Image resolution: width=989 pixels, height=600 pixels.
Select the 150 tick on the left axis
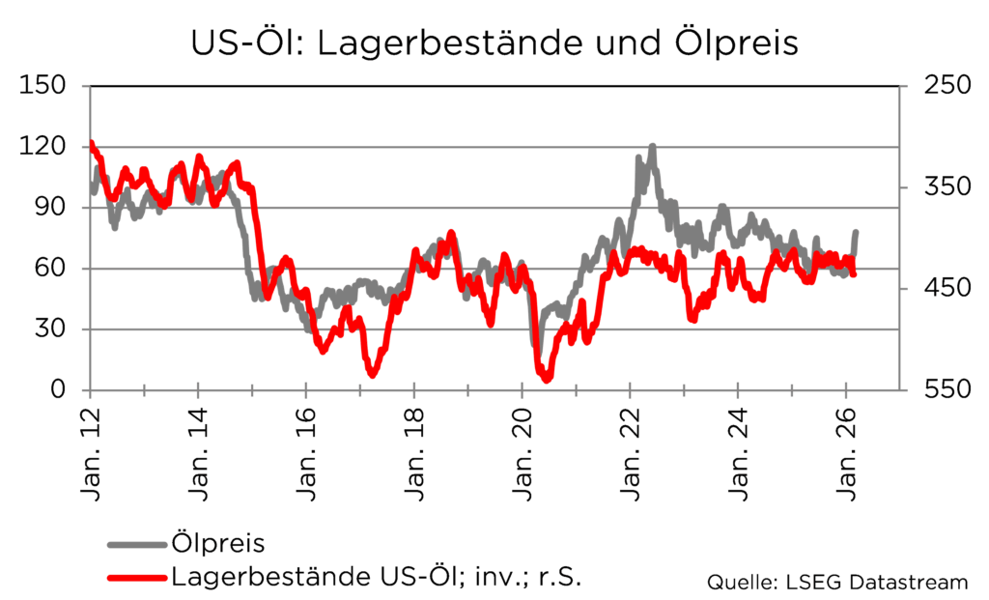coord(43,86)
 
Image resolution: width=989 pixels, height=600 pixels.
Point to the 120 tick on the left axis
coord(43,147)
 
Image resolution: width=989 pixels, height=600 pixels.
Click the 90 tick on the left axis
coord(50,208)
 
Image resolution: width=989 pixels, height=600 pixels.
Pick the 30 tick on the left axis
coord(50,329)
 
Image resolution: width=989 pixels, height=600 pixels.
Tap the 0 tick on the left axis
coord(58,390)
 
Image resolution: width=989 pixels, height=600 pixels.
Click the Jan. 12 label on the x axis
coord(90,454)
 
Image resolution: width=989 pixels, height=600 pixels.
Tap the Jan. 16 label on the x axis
coord(306,454)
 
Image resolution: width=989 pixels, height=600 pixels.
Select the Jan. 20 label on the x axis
coord(523,454)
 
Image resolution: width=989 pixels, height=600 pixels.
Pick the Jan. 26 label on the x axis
coord(847,454)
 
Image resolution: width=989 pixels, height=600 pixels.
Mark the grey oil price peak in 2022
coord(653,148)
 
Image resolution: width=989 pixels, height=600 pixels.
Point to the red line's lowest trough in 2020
coord(547,379)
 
